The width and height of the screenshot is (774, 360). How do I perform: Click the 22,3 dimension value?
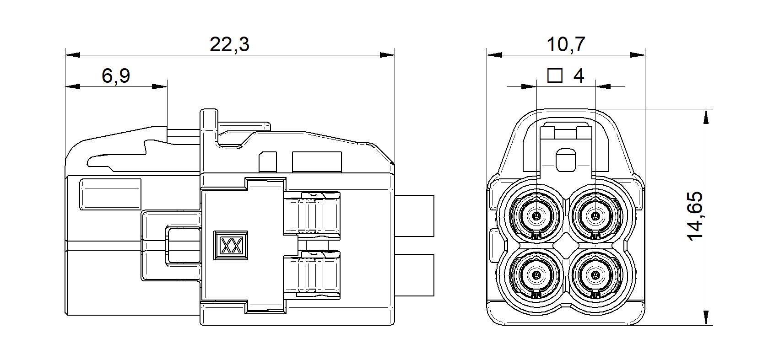(229, 44)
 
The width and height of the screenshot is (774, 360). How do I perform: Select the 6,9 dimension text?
(116, 75)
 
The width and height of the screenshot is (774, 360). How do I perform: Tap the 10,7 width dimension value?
(566, 44)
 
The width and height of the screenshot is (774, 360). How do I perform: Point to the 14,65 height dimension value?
(695, 216)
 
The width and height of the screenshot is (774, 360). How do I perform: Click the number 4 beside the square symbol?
(579, 75)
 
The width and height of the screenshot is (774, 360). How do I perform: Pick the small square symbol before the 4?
(555, 75)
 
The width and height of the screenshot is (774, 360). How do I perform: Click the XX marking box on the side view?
(231, 245)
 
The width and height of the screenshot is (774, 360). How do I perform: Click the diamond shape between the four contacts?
(566, 245)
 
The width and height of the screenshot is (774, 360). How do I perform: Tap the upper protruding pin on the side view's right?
(414, 216)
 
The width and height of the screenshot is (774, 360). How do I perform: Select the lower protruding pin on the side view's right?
(414, 275)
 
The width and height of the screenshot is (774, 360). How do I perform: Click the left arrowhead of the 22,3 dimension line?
(73, 55)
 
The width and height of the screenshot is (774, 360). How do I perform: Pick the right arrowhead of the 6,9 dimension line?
(160, 86)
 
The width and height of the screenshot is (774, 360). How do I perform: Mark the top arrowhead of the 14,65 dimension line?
(706, 116)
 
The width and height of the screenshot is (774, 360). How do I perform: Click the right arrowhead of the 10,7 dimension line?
(638, 55)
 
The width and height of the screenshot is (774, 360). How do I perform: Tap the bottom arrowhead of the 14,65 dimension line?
(706, 318)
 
